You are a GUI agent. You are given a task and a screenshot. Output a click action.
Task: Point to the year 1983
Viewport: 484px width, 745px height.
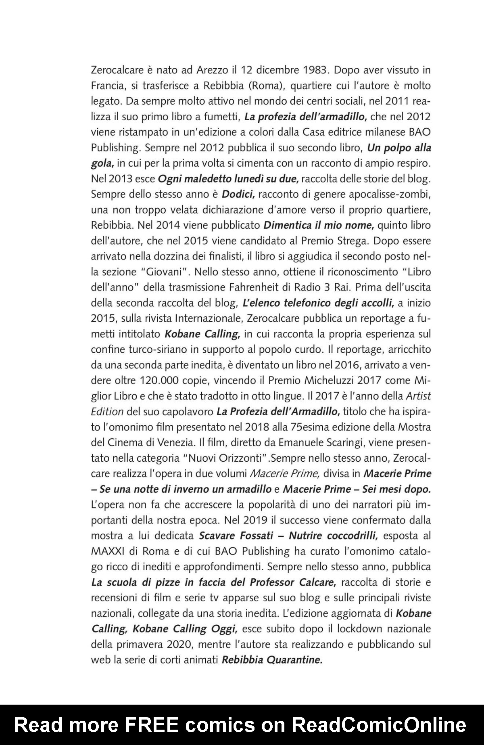tap(314, 71)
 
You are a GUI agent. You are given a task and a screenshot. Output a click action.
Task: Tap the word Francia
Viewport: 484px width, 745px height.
tap(106, 86)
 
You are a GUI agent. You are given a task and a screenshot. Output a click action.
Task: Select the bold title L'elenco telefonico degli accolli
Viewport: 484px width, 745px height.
tap(317, 303)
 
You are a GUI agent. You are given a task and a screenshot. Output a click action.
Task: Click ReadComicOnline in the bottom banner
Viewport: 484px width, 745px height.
tap(379, 725)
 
